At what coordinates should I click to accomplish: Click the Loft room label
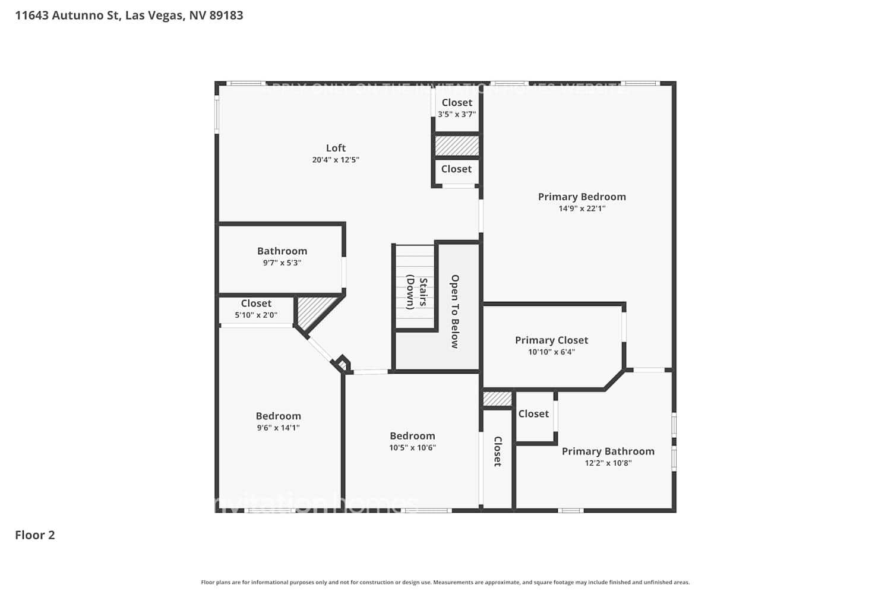click(x=336, y=148)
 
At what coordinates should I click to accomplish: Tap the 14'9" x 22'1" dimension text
click(x=582, y=208)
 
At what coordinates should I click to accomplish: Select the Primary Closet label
click(x=551, y=340)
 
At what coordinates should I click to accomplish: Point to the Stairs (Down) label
click(x=416, y=292)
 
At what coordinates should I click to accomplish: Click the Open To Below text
click(x=455, y=311)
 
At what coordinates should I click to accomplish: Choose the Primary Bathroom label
click(x=608, y=451)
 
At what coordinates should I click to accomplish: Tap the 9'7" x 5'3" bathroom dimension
click(x=282, y=263)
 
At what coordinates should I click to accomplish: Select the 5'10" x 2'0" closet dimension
click(x=256, y=315)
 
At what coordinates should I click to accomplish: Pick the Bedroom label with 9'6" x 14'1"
click(x=278, y=416)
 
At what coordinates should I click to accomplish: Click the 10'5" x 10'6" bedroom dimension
click(x=412, y=448)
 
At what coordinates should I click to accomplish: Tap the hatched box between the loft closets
click(x=457, y=146)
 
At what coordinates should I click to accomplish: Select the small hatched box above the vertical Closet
click(x=497, y=399)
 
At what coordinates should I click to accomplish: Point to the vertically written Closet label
click(x=498, y=451)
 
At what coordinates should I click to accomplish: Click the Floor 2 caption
click(x=35, y=535)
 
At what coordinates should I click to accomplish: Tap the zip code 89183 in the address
click(x=226, y=15)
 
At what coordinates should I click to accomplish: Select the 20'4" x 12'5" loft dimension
click(x=336, y=160)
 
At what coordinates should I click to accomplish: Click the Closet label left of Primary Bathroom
click(x=533, y=413)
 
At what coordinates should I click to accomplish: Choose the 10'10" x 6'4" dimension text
click(x=551, y=352)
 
